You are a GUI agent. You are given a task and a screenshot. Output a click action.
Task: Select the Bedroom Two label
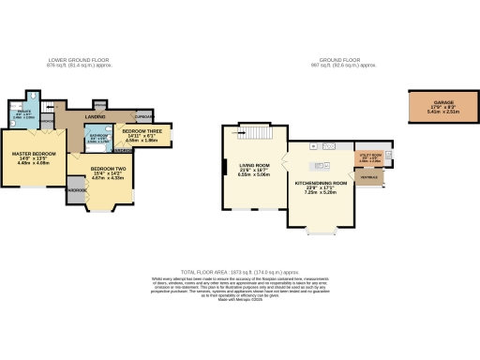(108, 171)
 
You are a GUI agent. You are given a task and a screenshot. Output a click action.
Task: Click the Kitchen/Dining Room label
(322, 184)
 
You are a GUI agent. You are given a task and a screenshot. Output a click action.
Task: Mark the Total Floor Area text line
(240, 269)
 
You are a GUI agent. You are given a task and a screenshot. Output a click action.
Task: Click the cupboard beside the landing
(142, 117)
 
